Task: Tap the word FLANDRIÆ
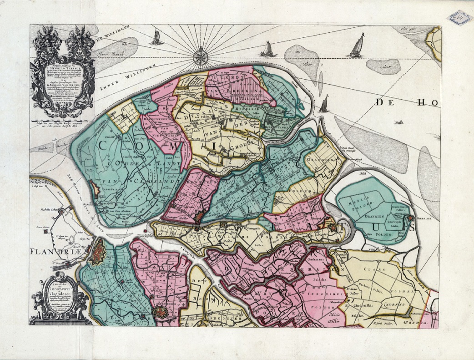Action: tap(57, 251)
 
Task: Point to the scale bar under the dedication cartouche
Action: tap(61, 122)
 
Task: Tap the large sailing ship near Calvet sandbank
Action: tap(357, 46)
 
